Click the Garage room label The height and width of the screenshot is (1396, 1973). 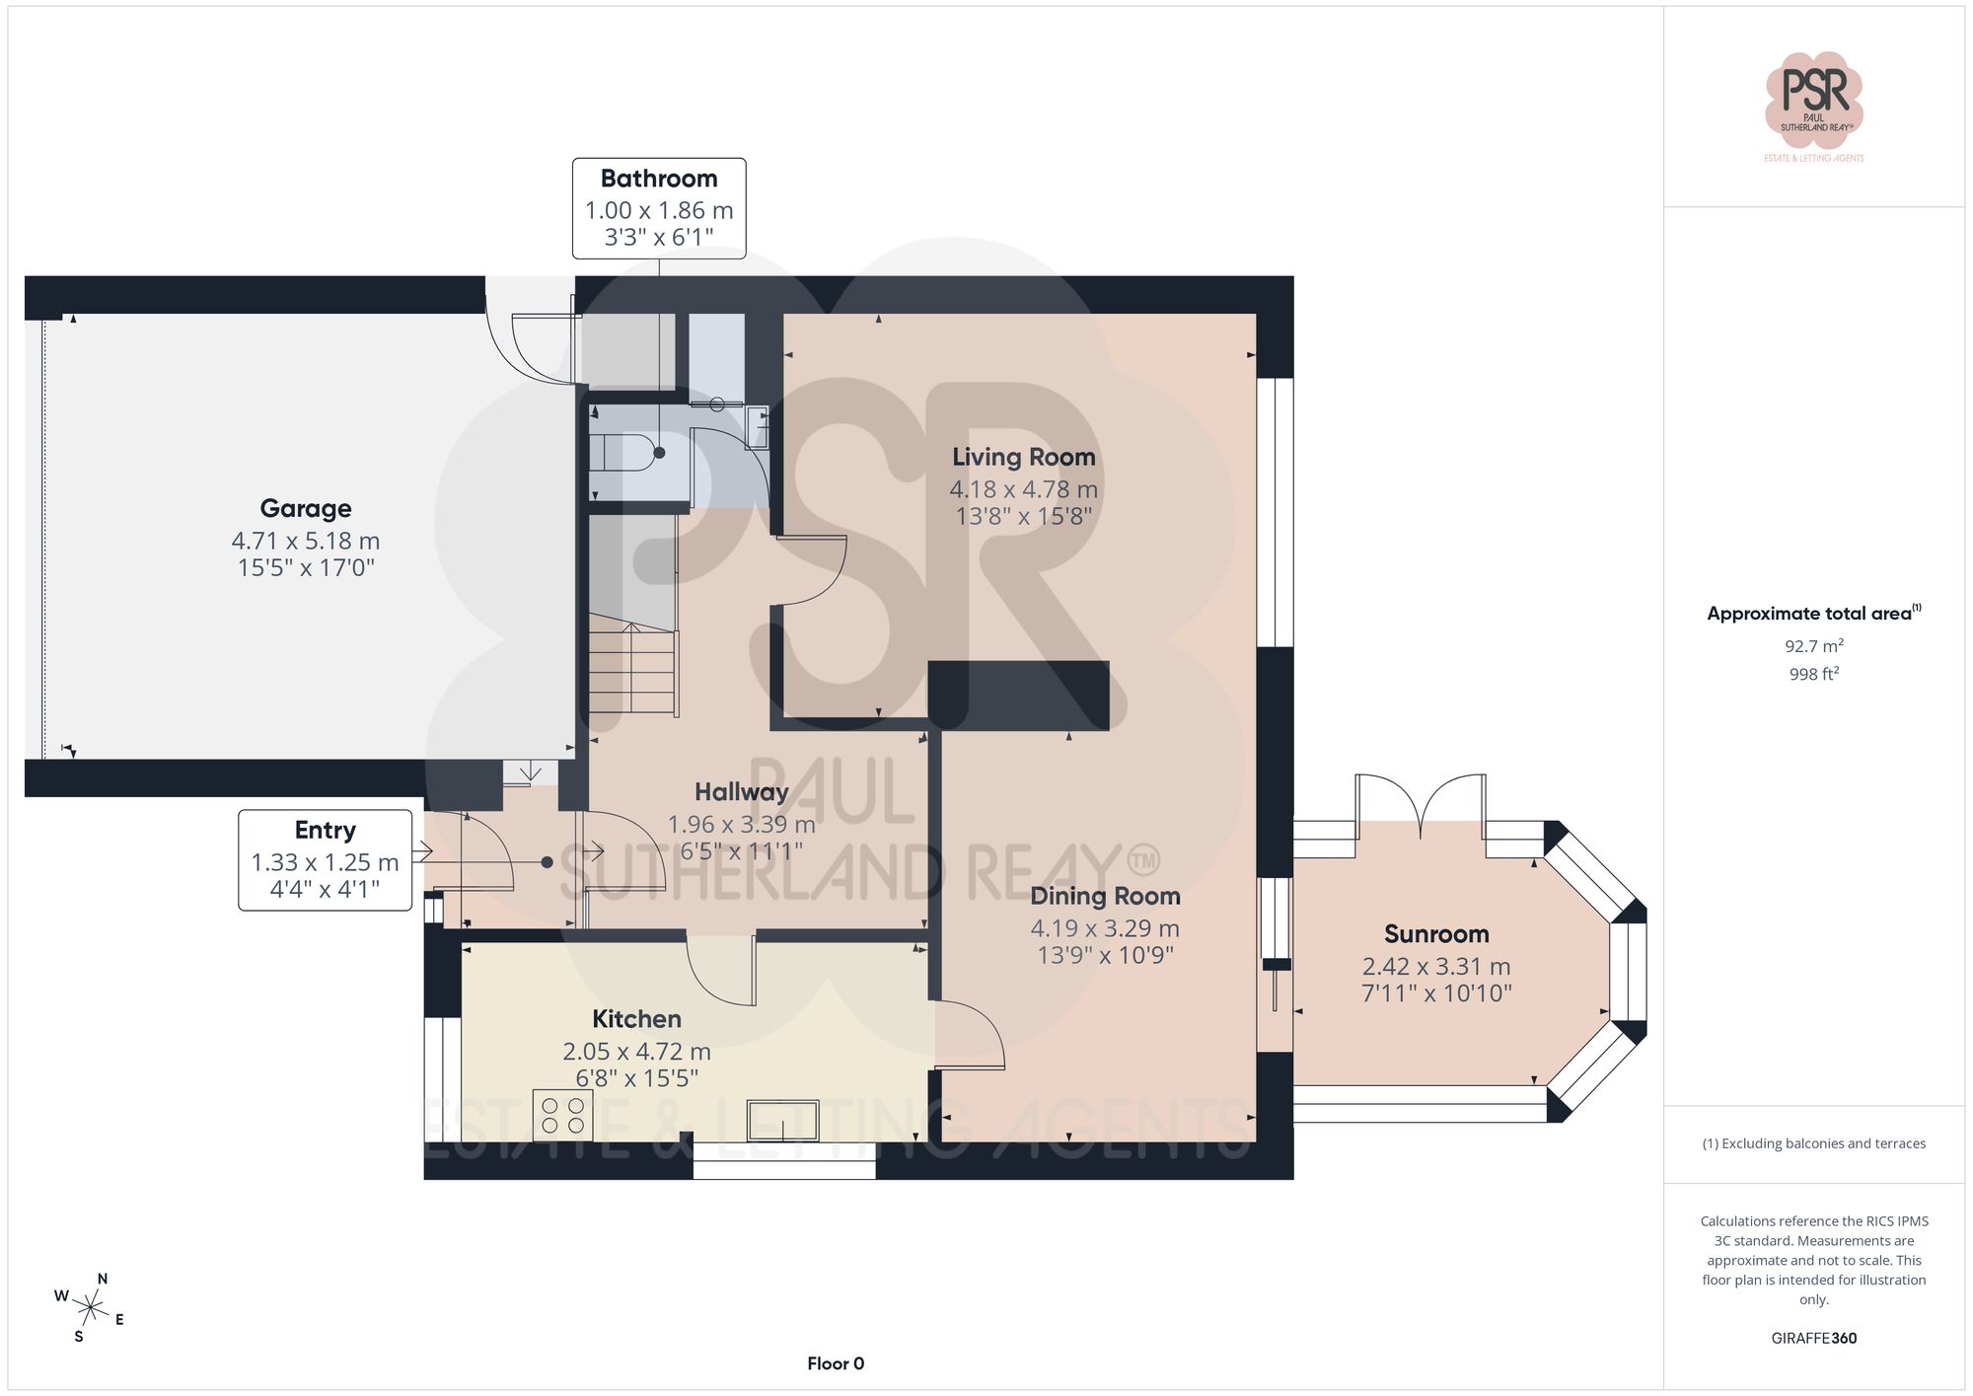click(306, 508)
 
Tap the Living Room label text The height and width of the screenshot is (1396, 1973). click(1023, 457)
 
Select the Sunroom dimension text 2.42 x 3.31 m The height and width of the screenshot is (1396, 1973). click(1435, 966)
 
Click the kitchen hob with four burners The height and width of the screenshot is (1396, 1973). click(562, 1115)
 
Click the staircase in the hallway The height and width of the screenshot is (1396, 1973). click(632, 666)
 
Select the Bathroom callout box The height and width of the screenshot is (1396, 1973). click(659, 208)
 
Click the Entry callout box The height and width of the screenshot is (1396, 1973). click(325, 859)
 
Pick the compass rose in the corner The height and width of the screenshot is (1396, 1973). click(90, 1308)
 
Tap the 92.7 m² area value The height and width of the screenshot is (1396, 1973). click(1813, 646)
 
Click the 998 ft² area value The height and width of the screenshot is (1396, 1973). click(1813, 674)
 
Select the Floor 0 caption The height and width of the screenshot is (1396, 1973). click(835, 1363)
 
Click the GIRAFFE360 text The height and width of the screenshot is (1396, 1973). click(1813, 1338)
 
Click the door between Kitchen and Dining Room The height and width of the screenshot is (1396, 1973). click(970, 1036)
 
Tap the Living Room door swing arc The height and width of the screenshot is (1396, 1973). click(815, 572)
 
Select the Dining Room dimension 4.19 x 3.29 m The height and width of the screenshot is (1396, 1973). click(1105, 927)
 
